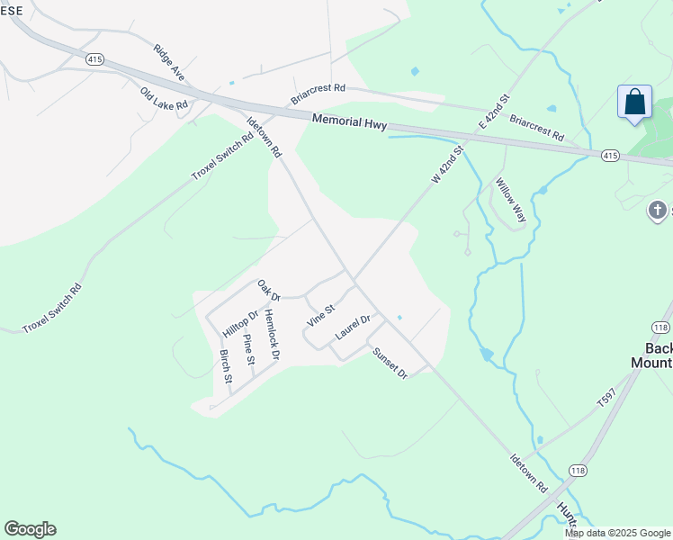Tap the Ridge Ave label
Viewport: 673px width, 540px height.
coord(168,63)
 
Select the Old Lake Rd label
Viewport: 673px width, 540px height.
coord(164,99)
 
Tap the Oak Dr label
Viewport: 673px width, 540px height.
coord(269,291)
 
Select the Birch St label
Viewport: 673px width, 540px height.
coord(226,367)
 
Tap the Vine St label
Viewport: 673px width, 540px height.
coord(320,314)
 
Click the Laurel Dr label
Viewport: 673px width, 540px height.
coord(354,326)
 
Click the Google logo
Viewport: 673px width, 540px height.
coord(30,529)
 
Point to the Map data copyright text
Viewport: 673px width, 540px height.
coord(617,533)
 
